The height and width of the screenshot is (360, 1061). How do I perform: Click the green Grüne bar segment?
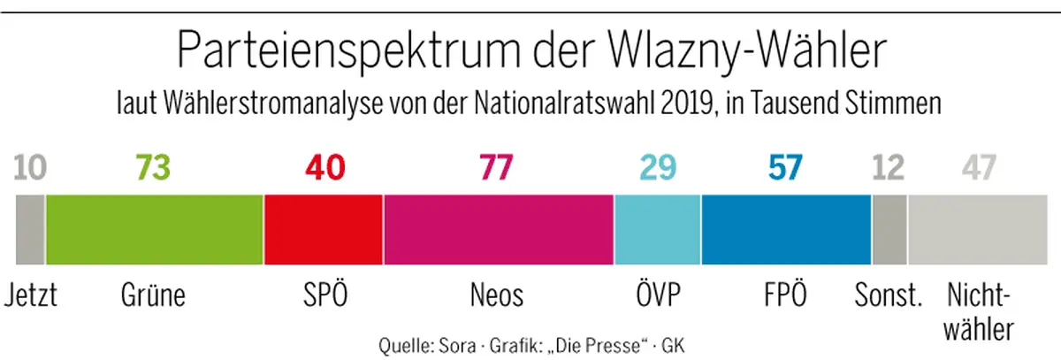(155, 229)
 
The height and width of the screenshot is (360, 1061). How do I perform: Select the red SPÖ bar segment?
(324, 229)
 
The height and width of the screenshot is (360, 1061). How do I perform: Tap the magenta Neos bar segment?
(499, 229)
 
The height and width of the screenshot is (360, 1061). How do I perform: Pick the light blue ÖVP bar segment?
(658, 229)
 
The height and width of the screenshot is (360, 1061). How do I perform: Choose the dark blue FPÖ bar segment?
(786, 229)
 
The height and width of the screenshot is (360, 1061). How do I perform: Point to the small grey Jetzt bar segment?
(30, 229)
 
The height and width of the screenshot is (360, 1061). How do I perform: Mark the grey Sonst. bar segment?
(889, 229)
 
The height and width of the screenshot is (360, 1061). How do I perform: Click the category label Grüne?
(153, 294)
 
